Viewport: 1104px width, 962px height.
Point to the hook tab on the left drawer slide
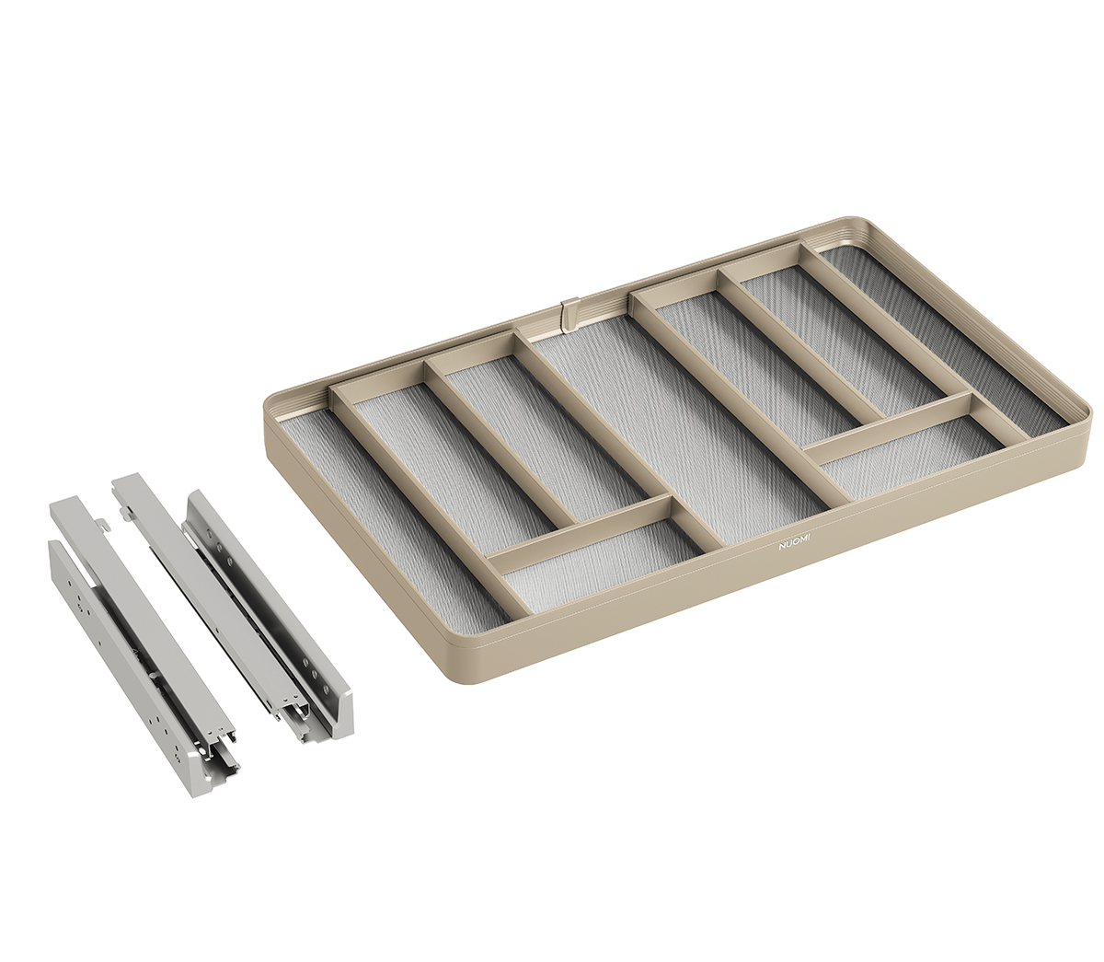104,522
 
